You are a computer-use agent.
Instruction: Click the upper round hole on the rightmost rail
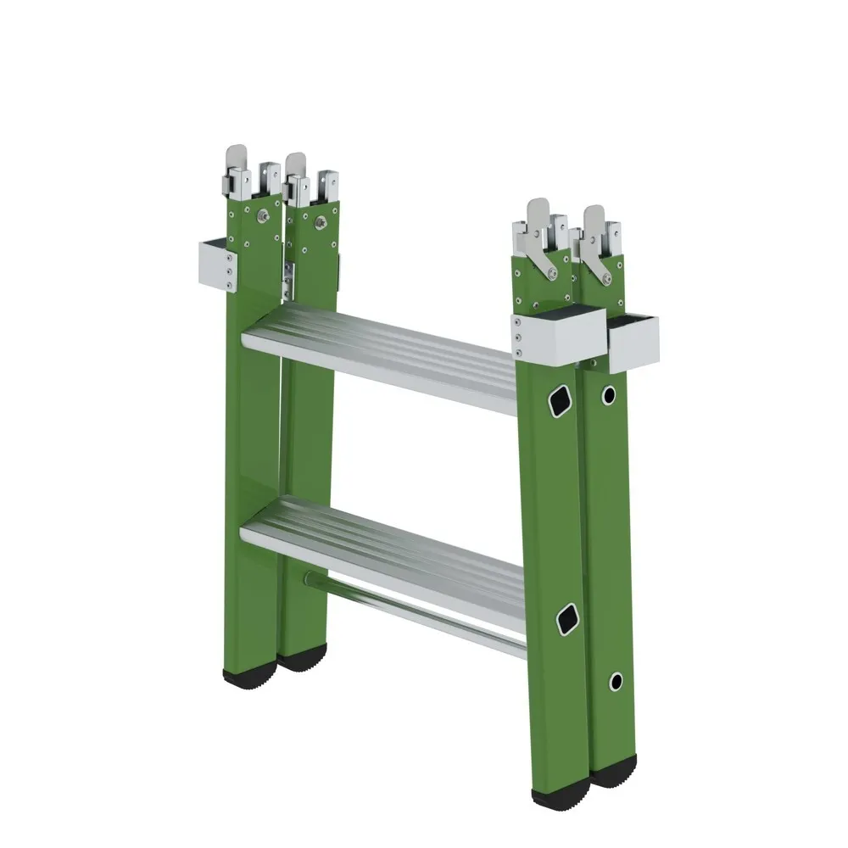[x=609, y=394]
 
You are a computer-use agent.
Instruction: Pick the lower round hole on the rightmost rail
[x=616, y=681]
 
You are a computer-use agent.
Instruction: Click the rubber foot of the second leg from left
[x=303, y=659]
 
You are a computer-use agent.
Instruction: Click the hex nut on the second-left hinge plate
[x=320, y=222]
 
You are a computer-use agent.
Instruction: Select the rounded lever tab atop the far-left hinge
[x=237, y=159]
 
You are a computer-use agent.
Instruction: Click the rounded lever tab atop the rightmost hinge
[x=594, y=215]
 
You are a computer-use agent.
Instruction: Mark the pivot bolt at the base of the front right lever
[x=552, y=273]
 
